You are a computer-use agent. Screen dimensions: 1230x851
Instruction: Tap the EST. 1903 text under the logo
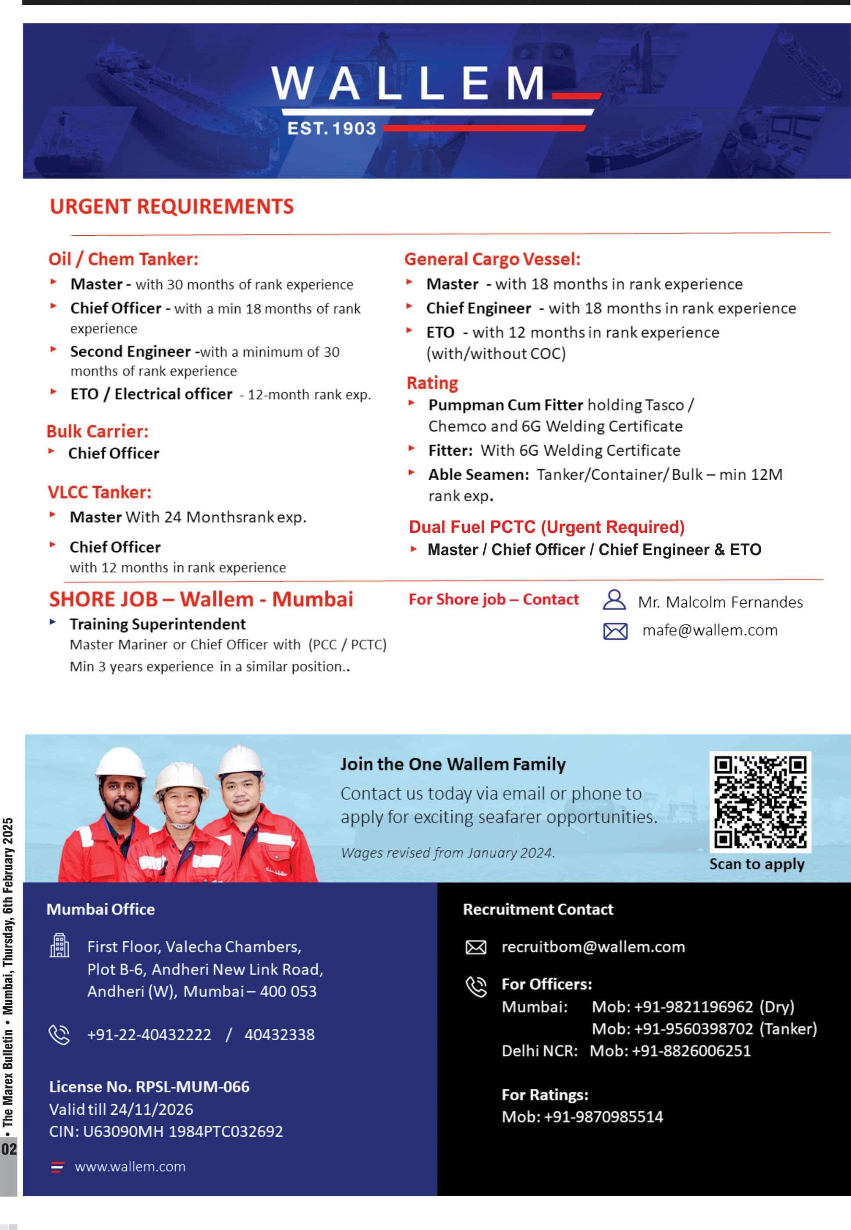(331, 128)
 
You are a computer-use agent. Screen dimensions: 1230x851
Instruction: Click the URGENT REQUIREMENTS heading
(172, 207)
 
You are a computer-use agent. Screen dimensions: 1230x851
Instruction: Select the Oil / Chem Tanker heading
(123, 259)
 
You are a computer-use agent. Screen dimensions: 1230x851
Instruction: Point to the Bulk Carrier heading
(98, 431)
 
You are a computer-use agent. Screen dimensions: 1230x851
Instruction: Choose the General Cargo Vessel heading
(492, 259)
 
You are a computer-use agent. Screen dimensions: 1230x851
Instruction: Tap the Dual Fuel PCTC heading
(546, 527)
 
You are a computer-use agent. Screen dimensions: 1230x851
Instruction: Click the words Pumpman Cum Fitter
(506, 405)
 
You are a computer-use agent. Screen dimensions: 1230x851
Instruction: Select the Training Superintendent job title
(157, 624)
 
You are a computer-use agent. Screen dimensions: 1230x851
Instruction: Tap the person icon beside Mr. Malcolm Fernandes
(614, 600)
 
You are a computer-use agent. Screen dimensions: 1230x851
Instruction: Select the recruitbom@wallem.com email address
(593, 947)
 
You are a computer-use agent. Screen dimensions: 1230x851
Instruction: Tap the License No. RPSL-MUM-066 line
(149, 1087)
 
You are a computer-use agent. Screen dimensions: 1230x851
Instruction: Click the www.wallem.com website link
(130, 1166)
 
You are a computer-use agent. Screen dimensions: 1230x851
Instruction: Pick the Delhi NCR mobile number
(691, 1051)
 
